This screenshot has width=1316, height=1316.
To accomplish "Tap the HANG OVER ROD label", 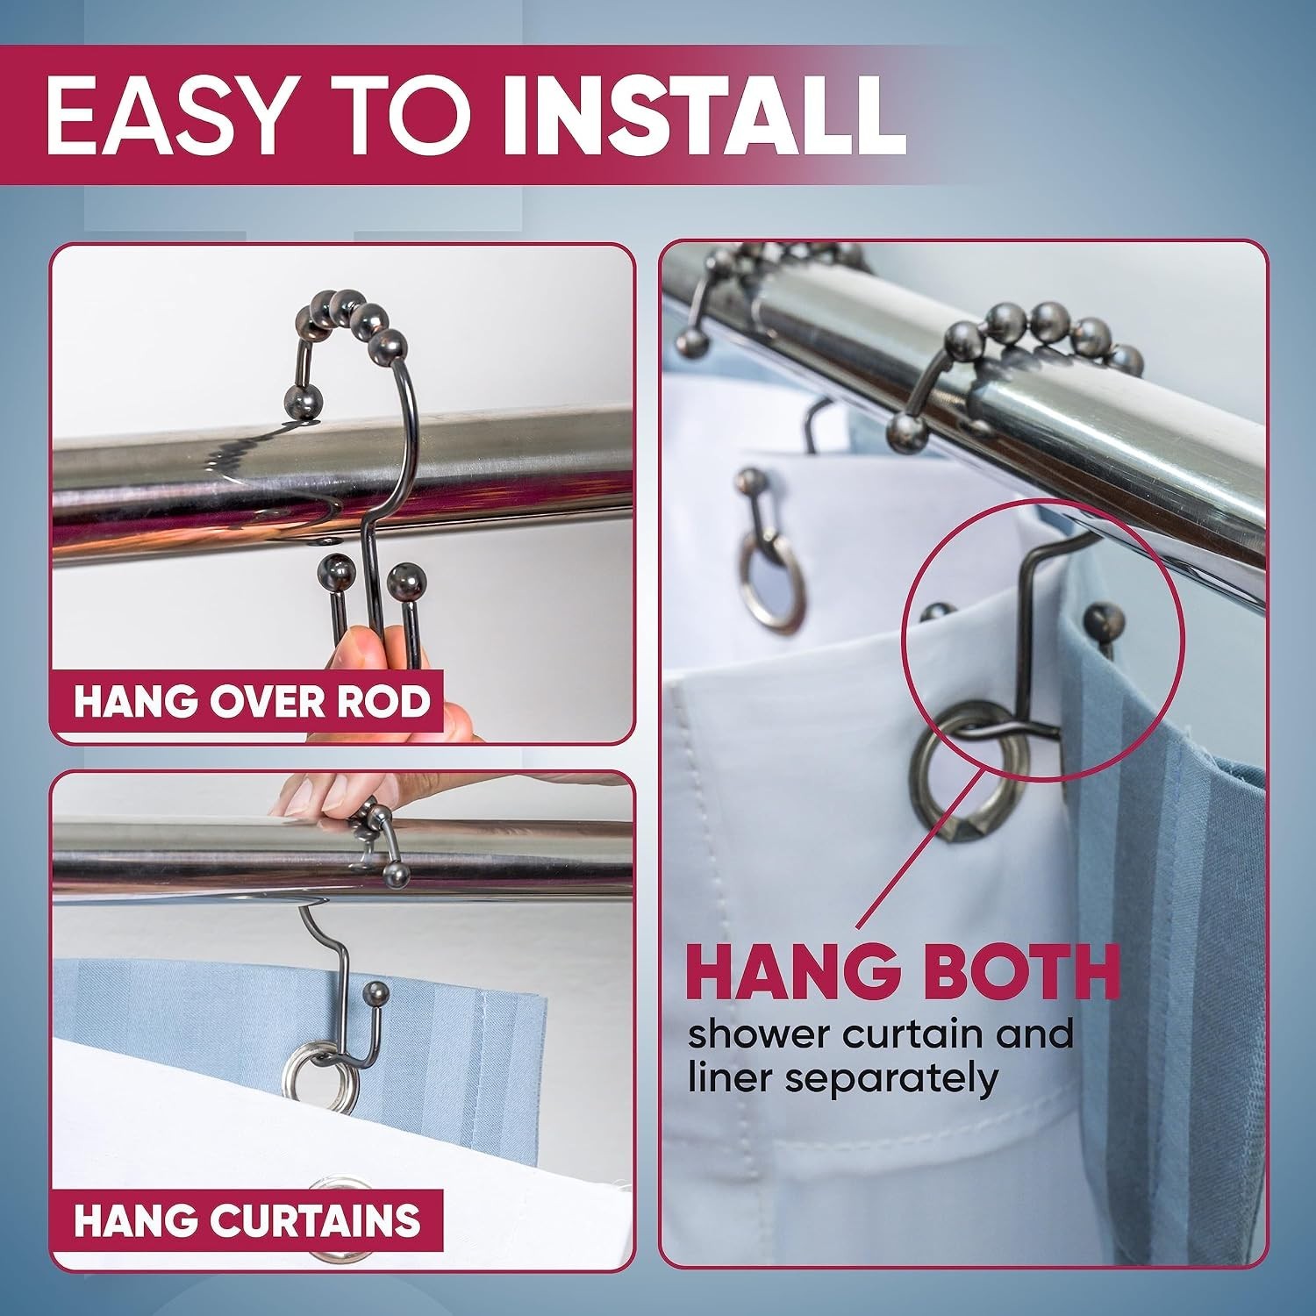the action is point(252,702).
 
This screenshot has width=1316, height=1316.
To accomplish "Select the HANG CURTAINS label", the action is point(247,1219).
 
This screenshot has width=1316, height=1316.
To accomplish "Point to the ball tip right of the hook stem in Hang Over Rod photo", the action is point(404,583).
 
